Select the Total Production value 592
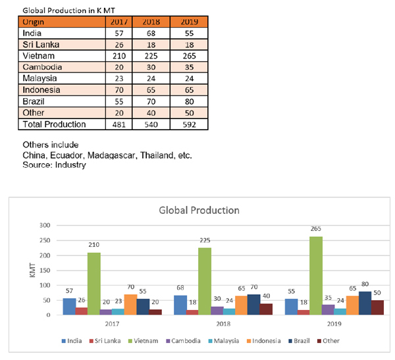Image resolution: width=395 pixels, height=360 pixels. pos(184,124)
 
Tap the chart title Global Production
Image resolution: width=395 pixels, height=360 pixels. pos(199,211)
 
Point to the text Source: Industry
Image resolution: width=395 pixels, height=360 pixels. pos(55,165)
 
